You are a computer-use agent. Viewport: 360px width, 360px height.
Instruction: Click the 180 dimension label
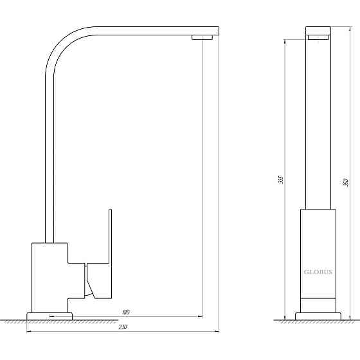[125, 312]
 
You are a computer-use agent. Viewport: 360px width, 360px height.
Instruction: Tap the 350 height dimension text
[346, 183]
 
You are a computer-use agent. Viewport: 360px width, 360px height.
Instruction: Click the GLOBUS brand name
[318, 272]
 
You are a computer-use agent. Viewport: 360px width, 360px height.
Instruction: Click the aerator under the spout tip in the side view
[202, 38]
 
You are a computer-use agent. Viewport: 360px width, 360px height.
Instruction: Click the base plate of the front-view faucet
[318, 316]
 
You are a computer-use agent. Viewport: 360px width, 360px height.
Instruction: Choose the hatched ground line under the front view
[318, 321]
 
